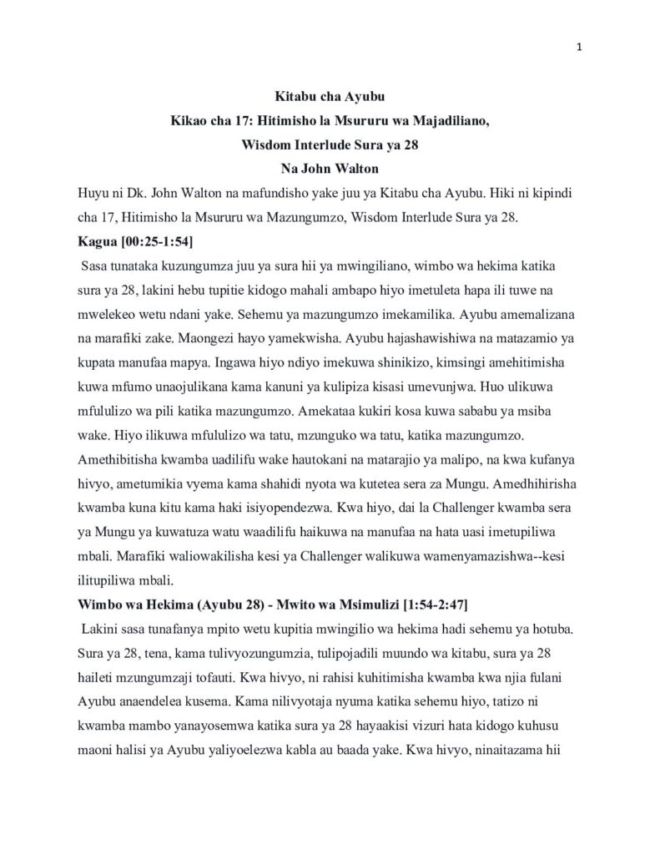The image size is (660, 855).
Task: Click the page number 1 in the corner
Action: (578, 46)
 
